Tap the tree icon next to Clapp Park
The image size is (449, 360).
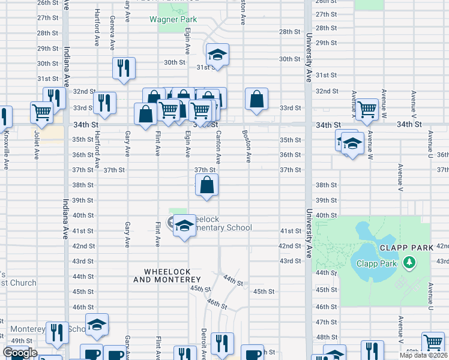410,262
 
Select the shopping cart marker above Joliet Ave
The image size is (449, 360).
42,112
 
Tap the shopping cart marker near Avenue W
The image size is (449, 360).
366,110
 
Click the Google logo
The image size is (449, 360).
20,353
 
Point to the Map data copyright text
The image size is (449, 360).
424,355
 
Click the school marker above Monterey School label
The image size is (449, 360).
97,324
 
